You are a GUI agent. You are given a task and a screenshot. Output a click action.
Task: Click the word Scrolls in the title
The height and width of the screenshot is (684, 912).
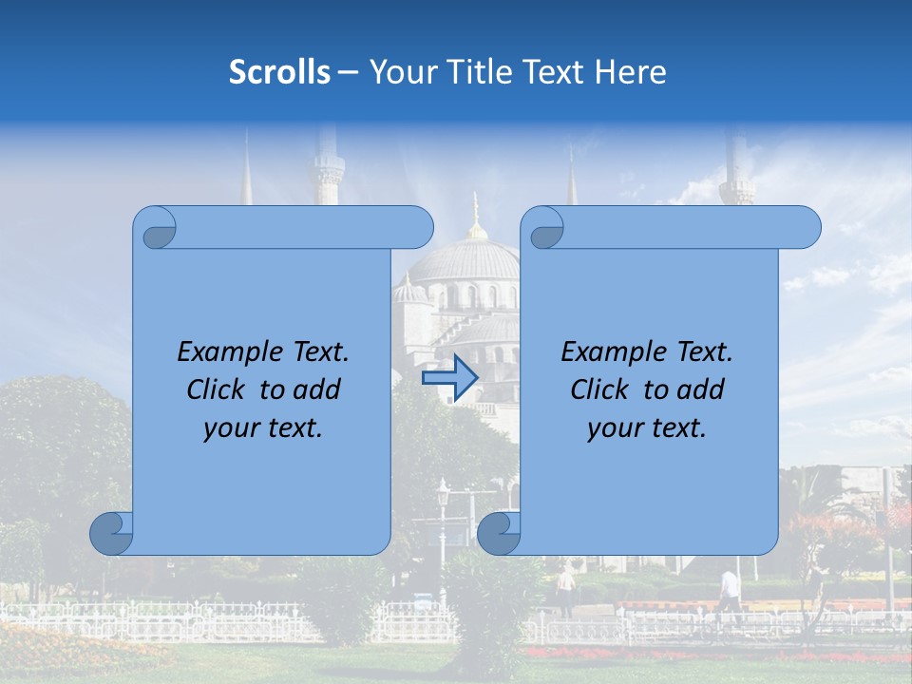pyautogui.click(x=279, y=72)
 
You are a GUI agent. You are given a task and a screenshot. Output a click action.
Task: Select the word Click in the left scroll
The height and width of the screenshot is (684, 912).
pyautogui.click(x=218, y=389)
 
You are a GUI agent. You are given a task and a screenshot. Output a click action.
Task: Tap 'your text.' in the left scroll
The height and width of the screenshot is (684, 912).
pyautogui.click(x=263, y=427)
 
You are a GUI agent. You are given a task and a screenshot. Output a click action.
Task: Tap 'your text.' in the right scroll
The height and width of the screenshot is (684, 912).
pyautogui.click(x=647, y=427)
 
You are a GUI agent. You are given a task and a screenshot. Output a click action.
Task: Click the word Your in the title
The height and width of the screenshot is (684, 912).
pyautogui.click(x=399, y=72)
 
